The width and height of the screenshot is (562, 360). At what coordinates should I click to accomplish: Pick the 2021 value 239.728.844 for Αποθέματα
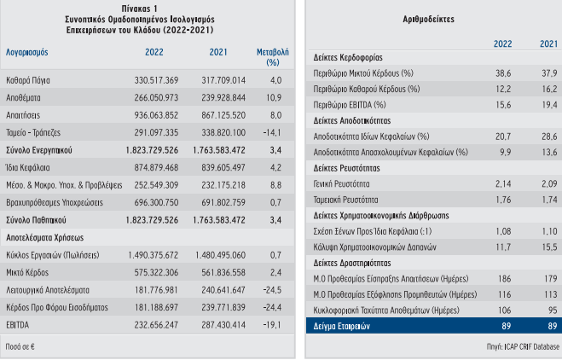[221, 98]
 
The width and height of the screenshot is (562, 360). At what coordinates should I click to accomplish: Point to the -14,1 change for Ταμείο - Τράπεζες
[274, 133]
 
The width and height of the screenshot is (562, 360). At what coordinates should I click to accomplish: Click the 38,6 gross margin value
[502, 73]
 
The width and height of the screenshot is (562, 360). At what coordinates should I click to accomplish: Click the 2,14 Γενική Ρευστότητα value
[502, 183]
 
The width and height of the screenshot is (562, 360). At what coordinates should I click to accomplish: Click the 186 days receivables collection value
[504, 279]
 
